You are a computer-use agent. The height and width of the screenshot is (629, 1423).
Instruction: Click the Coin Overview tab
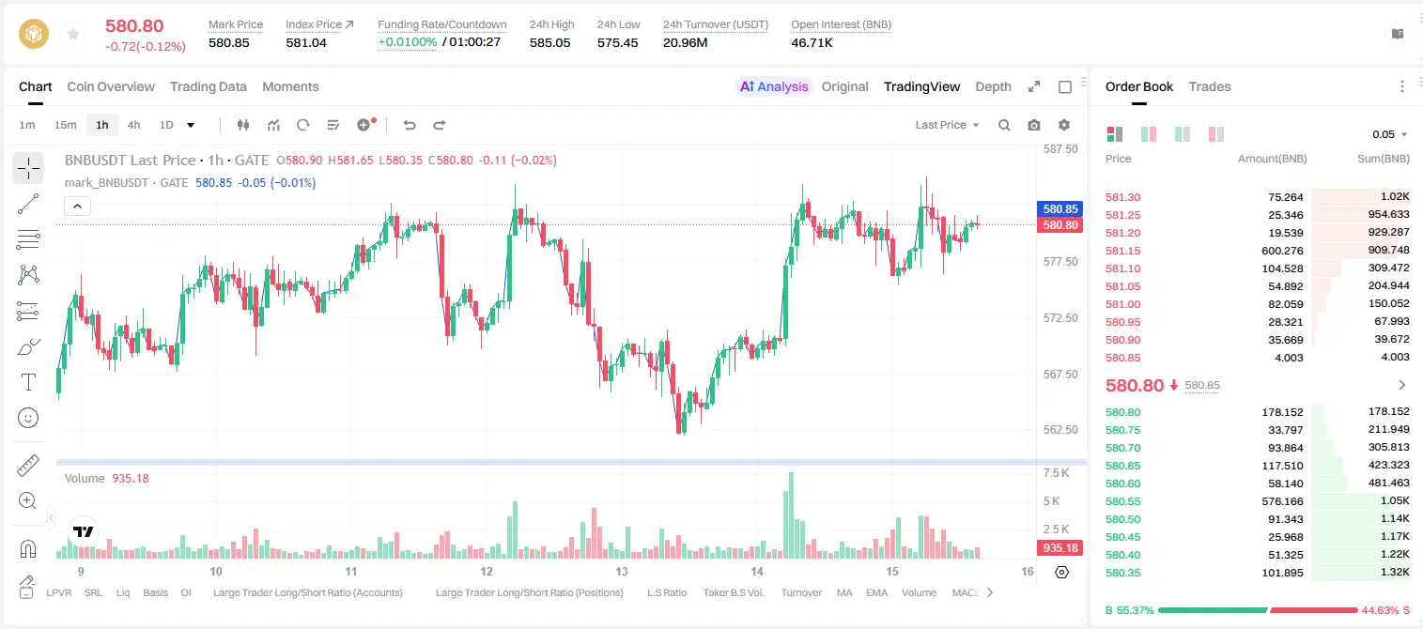click(x=111, y=86)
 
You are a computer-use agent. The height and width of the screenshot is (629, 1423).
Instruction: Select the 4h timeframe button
click(x=133, y=125)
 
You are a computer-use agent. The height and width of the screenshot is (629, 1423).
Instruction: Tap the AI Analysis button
click(x=774, y=86)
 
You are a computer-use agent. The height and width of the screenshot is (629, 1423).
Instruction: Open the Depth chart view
click(x=993, y=86)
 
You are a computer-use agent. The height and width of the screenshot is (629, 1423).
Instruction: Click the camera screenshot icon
click(x=1034, y=125)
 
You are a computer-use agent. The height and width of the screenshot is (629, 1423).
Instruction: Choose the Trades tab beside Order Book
click(x=1210, y=86)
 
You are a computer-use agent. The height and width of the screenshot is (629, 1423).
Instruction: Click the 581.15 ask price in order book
click(x=1122, y=251)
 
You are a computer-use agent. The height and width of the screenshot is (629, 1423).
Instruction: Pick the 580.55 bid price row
click(x=1122, y=501)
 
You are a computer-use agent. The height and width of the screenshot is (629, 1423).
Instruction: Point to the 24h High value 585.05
click(x=550, y=42)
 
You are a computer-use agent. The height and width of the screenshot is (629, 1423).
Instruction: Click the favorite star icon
click(x=73, y=34)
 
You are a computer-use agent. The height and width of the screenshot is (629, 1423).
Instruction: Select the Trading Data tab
click(x=209, y=86)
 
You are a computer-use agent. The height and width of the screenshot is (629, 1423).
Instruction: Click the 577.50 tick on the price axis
click(x=1060, y=262)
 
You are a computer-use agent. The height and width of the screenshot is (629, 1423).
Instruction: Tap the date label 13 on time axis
click(x=621, y=571)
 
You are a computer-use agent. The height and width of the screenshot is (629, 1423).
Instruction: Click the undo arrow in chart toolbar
click(x=410, y=125)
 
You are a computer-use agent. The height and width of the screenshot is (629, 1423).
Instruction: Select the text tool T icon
click(x=28, y=382)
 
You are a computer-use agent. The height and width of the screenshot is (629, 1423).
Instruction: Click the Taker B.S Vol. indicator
click(x=733, y=592)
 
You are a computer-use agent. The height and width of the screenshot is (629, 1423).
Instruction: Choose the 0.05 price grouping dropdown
click(x=1389, y=134)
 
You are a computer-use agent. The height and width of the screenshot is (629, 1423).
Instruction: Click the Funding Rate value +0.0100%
click(x=408, y=42)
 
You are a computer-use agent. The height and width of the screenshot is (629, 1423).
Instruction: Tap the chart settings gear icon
click(x=1064, y=125)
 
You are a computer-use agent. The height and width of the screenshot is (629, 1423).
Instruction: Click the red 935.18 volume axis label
click(x=1060, y=547)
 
